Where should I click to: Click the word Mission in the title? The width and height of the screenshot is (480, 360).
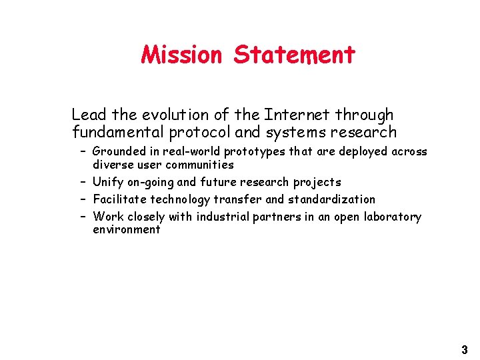[181, 54]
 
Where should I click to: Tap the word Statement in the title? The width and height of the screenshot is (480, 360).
[294, 54]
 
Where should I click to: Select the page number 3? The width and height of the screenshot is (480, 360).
[464, 349]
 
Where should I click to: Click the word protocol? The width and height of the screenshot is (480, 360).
[195, 132]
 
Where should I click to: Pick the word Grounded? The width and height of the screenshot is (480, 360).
[118, 151]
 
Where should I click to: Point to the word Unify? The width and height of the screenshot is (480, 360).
[107, 182]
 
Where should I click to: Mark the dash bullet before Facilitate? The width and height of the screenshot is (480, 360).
[82, 199]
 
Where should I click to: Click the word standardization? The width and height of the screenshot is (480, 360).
[331, 199]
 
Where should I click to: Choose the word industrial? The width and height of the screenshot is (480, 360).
[219, 217]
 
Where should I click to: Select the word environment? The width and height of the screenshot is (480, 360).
[127, 229]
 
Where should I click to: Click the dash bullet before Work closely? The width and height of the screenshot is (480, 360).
[82, 217]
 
